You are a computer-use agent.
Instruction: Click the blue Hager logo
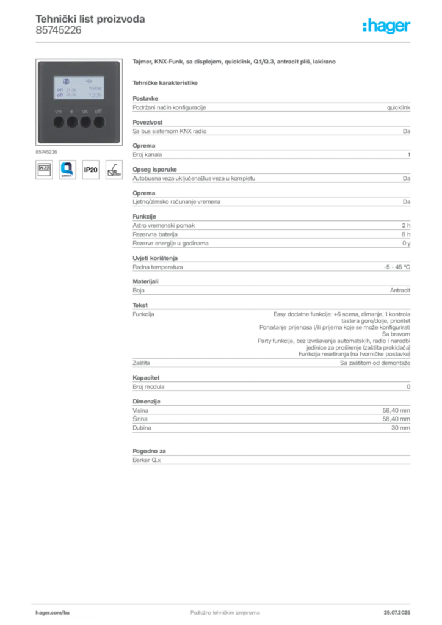pos(386,26)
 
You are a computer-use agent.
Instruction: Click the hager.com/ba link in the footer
pos(51,612)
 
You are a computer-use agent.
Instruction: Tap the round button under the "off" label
pos(99,122)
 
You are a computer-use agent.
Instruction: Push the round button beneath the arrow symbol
pos(71,122)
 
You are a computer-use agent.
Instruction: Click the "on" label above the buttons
pos(58,111)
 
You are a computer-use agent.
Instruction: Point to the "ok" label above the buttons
pos(85,111)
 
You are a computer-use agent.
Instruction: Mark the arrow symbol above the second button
pos(71,111)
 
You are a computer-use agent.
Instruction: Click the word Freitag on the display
pos(95,89)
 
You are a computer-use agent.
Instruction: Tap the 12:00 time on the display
pos(95,95)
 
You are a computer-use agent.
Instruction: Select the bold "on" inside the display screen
pos(59,89)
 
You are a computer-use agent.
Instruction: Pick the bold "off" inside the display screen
pos(60,95)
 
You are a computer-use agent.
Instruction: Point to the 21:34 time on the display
pos(70,89)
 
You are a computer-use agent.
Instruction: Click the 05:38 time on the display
pos(70,95)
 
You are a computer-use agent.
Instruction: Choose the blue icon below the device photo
pos(67,169)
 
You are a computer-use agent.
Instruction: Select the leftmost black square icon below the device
pos(44,169)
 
